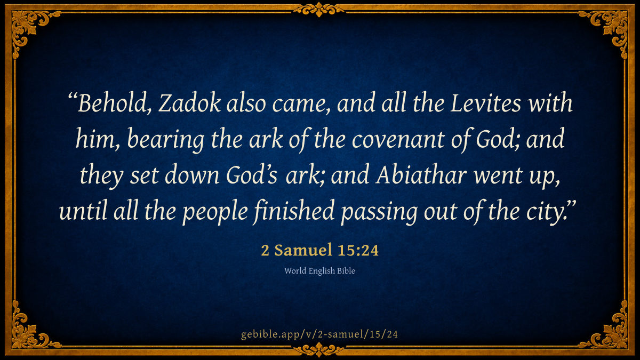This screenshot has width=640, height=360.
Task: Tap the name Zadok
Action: click(190, 102)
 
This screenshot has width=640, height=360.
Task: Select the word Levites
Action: click(486, 102)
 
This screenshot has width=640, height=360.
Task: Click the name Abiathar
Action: click(421, 174)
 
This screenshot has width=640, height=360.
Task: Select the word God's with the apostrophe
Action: click(251, 174)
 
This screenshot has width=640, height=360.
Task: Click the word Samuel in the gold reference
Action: click(303, 250)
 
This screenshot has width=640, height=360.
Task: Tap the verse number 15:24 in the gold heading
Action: click(358, 250)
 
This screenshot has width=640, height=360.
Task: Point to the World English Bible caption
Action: click(319, 270)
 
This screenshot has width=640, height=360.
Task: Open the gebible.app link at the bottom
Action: click(319, 334)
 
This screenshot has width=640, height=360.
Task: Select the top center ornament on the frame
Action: click(319, 10)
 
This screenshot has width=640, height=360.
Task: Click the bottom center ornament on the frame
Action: click(319, 349)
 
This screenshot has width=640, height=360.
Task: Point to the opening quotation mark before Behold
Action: click(73, 97)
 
